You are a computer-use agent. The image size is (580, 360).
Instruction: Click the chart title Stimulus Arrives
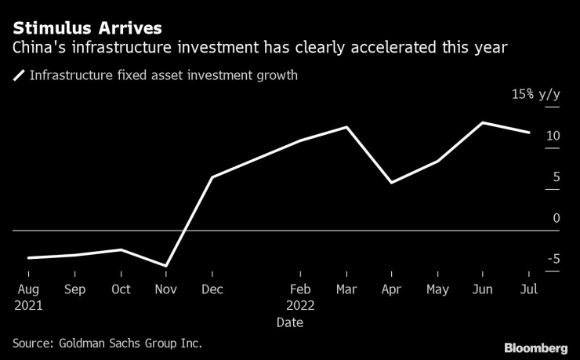(87, 27)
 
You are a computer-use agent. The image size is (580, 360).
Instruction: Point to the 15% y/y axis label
(536, 94)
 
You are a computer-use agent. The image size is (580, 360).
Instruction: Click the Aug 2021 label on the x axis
(28, 297)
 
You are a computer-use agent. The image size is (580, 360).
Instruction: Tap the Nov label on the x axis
(165, 289)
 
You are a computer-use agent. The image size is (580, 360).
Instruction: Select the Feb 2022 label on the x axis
(299, 297)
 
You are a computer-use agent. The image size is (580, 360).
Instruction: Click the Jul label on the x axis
(528, 289)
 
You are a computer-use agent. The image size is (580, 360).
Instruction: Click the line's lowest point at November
(165, 266)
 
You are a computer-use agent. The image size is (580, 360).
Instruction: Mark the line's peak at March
(346, 126)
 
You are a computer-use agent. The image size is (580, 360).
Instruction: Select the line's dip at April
(391, 183)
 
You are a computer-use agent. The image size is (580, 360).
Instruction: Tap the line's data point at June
(482, 122)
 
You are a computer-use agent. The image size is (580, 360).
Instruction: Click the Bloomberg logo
(535, 347)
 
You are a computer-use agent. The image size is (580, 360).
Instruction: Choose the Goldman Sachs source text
(107, 343)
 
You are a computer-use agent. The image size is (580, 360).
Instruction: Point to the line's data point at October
(120, 249)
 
